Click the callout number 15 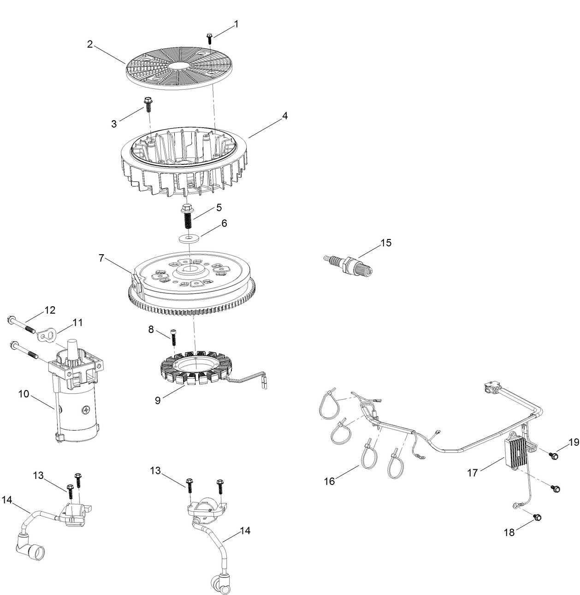point(386,243)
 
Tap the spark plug point(346,264)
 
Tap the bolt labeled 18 point(537,518)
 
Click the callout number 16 point(330,481)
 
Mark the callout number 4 point(285,116)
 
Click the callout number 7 point(101,258)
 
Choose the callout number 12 point(50,310)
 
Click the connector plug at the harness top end point(491,387)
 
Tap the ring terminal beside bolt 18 point(515,506)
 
